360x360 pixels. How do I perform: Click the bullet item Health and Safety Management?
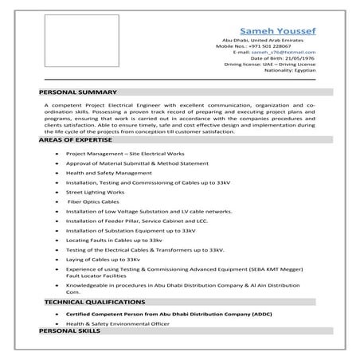(x=108, y=172)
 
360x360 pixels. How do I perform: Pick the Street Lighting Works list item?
(x=95, y=192)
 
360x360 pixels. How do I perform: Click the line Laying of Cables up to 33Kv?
(x=104, y=260)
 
